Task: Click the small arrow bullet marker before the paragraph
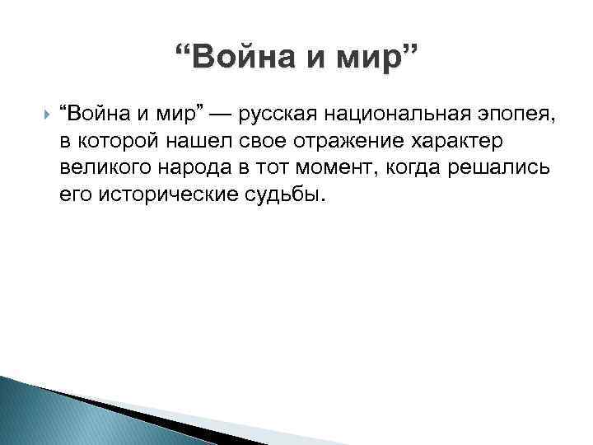[45, 112]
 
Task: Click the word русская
[276, 114]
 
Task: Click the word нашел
[184, 141]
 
